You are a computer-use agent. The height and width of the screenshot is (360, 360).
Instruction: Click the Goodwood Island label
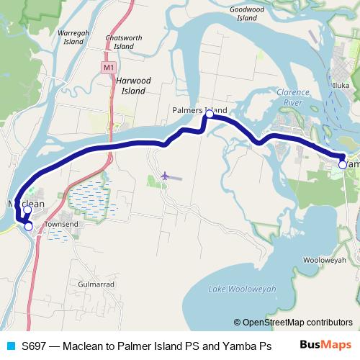248,14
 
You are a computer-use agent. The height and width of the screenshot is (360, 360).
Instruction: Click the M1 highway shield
108,68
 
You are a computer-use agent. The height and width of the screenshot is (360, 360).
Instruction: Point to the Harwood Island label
133,86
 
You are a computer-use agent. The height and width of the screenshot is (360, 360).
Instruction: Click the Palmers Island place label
199,110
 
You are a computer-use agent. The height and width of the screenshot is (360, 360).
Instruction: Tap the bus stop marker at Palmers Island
210,114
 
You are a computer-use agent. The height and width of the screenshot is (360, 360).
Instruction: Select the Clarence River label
293,97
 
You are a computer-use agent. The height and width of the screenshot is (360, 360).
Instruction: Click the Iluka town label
341,85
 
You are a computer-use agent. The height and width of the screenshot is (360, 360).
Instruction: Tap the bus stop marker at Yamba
342,164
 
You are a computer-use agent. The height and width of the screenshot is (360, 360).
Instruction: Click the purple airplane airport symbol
166,175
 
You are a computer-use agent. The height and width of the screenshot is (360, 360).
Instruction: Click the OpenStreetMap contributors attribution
293,323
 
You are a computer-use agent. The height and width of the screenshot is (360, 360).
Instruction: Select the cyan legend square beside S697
9,346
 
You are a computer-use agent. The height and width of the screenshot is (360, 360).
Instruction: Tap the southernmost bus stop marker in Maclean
28,226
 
